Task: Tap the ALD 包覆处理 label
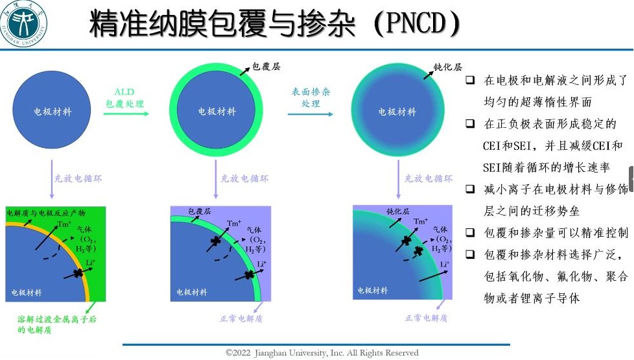tap(124, 98)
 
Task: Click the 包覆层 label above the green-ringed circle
tap(266, 66)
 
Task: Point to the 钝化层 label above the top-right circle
tap(447, 66)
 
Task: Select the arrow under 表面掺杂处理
tap(311, 114)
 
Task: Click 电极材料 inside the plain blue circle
tap(53, 112)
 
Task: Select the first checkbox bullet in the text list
tap(471, 80)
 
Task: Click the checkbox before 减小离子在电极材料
tap(471, 189)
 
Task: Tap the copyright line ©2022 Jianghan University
tap(322, 353)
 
